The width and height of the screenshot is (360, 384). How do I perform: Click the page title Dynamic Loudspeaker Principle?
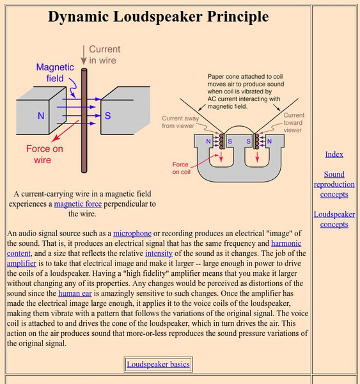click(158, 17)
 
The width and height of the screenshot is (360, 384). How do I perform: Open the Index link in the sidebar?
click(334, 154)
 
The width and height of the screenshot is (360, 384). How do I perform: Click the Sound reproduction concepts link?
click(334, 184)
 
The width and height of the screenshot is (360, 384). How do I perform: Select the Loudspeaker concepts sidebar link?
click(334, 220)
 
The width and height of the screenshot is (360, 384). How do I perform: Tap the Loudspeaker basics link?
click(158, 364)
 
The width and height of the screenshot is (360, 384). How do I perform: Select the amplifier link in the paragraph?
click(22, 262)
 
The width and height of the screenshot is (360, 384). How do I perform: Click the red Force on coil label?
click(185, 168)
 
